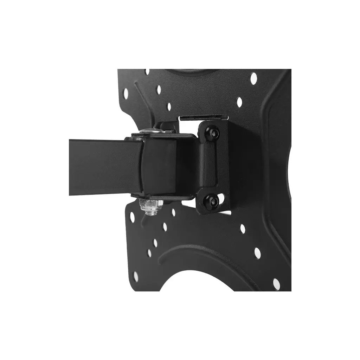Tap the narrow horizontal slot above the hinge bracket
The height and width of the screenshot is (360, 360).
204,117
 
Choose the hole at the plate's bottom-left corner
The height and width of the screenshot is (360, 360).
136,276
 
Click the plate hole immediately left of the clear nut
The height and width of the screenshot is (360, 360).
132,217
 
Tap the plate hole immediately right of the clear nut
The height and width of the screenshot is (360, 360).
173,212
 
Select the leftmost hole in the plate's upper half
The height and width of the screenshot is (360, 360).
126,93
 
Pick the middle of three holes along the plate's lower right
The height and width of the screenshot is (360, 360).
257,252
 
